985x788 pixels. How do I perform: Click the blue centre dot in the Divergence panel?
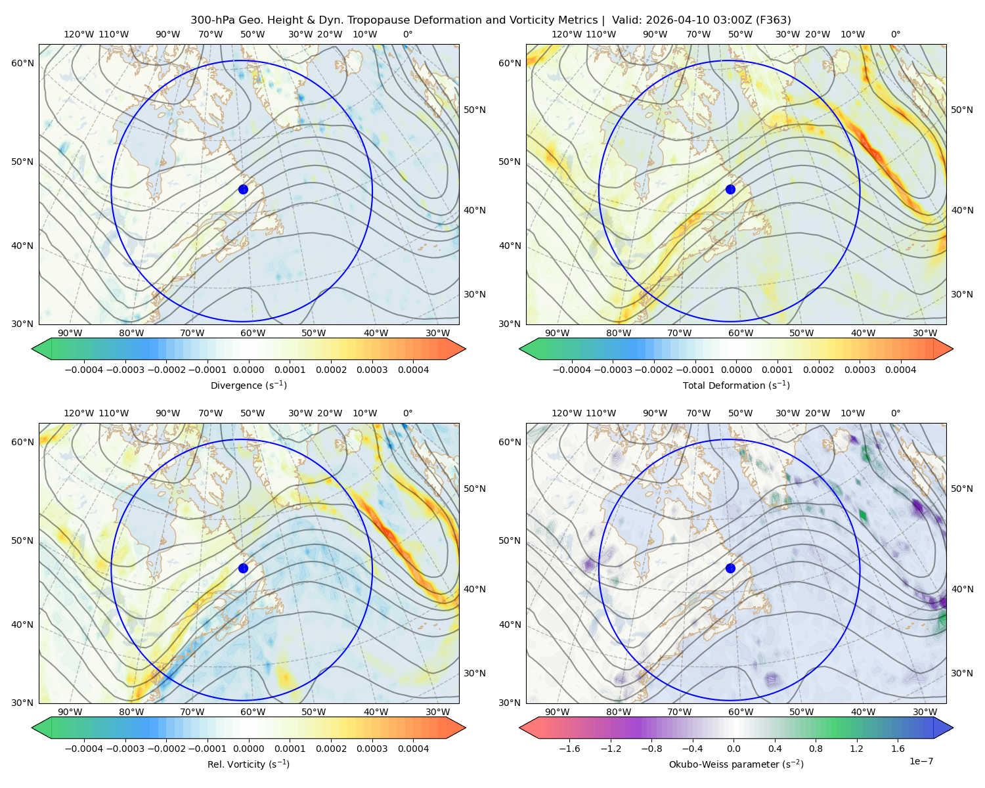point(243,190)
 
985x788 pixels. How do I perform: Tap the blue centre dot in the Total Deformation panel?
point(730,190)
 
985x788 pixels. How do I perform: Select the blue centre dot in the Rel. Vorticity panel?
point(243,568)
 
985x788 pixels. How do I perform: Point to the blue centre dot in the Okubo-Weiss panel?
point(730,568)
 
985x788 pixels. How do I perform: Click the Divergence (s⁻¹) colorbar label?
point(248,385)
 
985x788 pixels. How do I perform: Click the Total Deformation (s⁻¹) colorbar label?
point(736,385)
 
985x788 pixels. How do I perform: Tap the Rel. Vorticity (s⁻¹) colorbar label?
point(248,764)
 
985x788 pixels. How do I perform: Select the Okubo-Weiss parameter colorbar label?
point(736,764)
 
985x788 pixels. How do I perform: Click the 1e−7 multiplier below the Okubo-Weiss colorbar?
point(921,761)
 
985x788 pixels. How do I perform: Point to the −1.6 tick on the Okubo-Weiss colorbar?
point(569,749)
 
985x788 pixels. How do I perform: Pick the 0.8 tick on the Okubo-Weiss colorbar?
point(816,749)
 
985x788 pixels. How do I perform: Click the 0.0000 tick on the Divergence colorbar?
point(248,370)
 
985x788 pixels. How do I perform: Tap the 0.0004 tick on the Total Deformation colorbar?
point(900,370)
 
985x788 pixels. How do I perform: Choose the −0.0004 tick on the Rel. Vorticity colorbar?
point(84,749)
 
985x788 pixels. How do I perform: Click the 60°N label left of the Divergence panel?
point(22,63)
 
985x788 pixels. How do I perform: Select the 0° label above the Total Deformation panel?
point(895,34)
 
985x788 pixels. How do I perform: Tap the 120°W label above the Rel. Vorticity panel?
point(79,413)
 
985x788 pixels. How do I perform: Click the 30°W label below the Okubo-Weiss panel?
point(925,712)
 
